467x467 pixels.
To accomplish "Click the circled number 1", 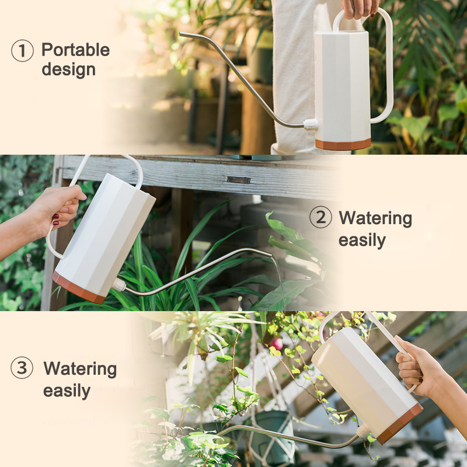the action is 22,51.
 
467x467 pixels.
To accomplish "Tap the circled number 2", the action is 320,217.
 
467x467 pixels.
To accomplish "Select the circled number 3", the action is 22,368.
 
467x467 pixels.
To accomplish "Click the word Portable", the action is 76,50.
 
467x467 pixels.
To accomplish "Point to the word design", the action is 68,69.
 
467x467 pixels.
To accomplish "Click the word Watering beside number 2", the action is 375,218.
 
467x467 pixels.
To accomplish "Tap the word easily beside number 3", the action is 67,391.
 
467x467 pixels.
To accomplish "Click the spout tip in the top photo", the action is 180,34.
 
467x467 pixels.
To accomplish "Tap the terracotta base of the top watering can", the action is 343,144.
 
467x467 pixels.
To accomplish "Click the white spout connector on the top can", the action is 311,124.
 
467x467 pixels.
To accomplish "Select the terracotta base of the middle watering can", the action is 78,288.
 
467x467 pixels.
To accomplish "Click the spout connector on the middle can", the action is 119,285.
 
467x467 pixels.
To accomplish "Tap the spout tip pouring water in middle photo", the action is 270,255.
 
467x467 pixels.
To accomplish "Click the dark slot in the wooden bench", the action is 239,180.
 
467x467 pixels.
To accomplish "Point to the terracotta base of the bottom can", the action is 400,423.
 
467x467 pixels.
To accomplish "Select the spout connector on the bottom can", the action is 364,431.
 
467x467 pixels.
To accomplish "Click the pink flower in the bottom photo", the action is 277,343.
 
